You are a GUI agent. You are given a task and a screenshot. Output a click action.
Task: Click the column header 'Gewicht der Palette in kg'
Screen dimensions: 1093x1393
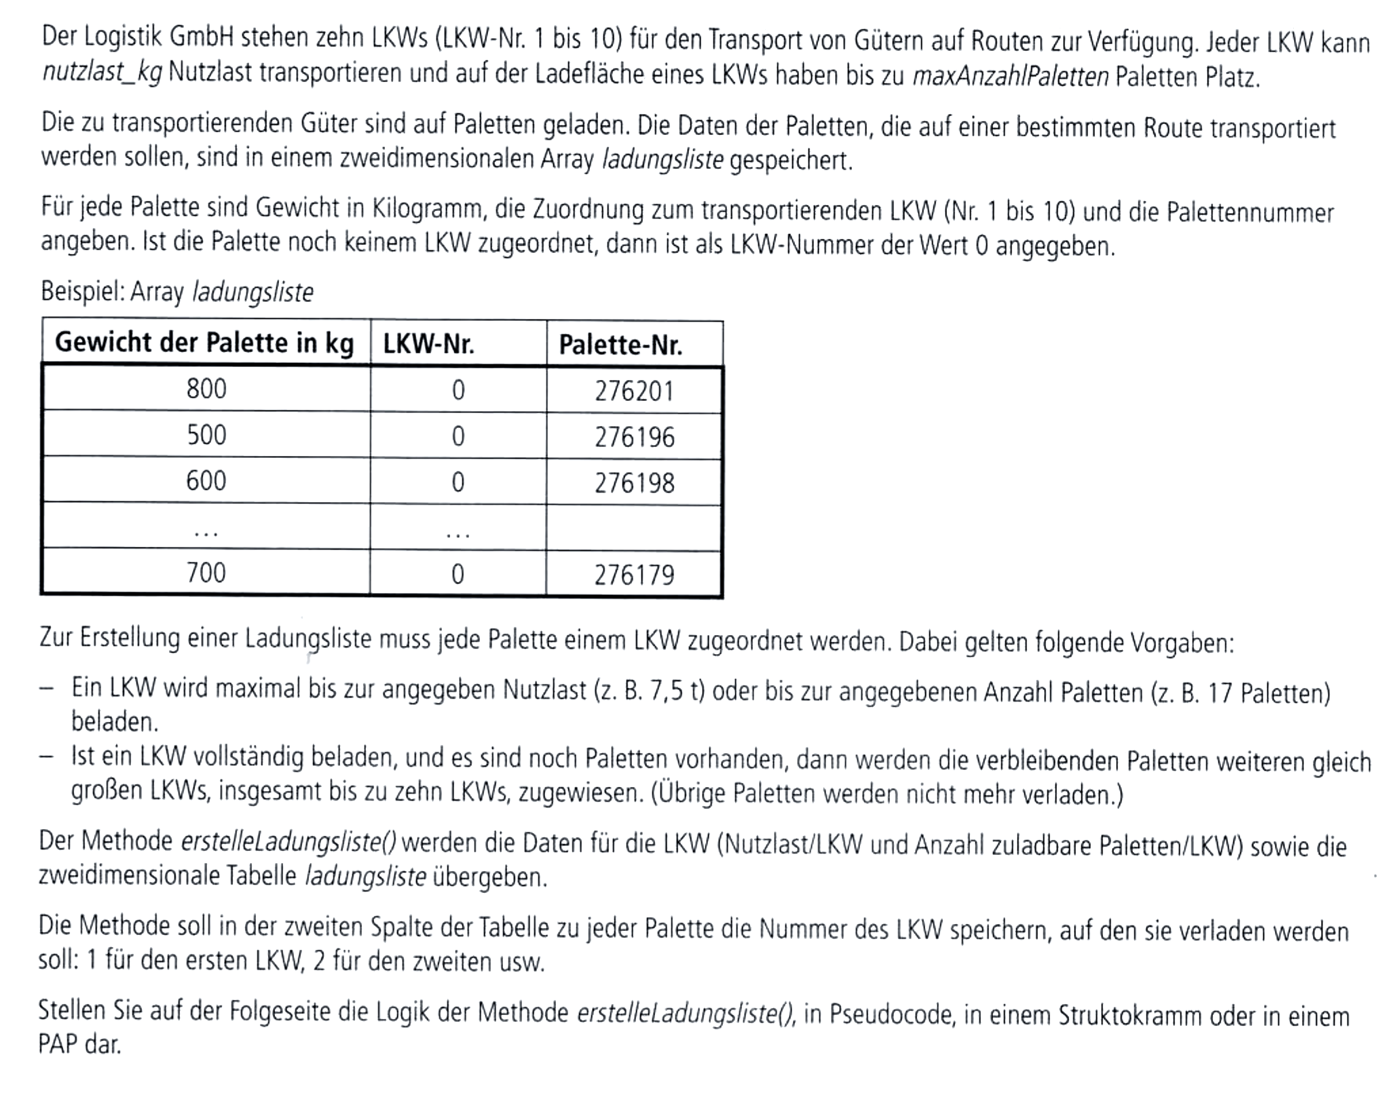[x=204, y=343]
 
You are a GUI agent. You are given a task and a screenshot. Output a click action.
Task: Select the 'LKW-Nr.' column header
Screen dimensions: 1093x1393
[x=428, y=345]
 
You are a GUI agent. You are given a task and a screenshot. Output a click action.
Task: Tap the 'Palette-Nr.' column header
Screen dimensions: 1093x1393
[x=620, y=345]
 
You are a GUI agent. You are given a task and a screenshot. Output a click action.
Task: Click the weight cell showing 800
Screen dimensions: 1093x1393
[x=206, y=389]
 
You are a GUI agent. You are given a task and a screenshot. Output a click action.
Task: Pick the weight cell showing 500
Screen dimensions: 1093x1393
[x=206, y=435]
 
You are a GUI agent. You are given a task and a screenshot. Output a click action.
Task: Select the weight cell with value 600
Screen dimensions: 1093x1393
[x=206, y=481]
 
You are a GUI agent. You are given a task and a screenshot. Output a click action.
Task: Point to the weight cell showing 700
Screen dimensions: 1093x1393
[x=206, y=573]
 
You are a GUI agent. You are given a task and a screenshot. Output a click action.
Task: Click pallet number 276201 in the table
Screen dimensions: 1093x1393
[x=634, y=391]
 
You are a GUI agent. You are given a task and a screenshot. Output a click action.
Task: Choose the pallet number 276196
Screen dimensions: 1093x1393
[x=634, y=438]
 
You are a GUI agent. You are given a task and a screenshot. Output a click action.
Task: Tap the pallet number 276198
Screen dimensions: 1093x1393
[x=634, y=484]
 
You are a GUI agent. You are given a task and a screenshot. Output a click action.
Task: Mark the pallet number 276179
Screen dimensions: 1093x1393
[x=634, y=576]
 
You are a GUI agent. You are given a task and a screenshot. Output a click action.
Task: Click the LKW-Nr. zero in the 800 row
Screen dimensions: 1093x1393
[x=458, y=390]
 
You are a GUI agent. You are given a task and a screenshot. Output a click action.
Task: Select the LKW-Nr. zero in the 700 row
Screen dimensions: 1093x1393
[x=458, y=575]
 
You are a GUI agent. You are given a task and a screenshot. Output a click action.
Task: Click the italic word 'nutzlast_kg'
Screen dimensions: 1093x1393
[x=102, y=73]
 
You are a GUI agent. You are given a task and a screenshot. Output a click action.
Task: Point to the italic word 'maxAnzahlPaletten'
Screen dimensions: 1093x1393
[x=1010, y=77]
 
